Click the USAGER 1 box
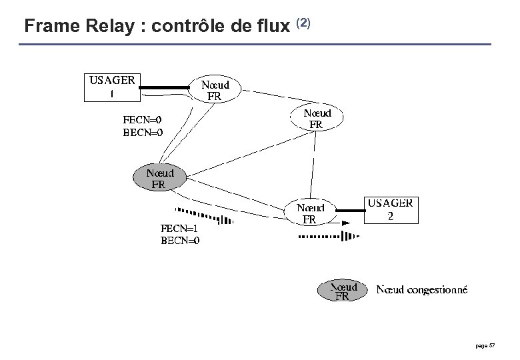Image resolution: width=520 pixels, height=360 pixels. click(x=112, y=87)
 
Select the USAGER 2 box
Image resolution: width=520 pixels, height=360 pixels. click(x=391, y=210)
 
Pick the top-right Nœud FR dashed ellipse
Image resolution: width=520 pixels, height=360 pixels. click(x=316, y=118)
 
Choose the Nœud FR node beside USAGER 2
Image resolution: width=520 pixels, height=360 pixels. click(x=310, y=212)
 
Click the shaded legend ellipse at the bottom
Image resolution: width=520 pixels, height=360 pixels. click(x=341, y=291)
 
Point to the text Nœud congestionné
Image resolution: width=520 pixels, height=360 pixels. click(x=422, y=289)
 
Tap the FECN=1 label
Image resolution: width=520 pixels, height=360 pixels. click(x=180, y=229)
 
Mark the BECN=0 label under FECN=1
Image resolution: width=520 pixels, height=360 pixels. click(x=180, y=241)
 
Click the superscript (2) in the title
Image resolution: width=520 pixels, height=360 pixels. click(x=302, y=24)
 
